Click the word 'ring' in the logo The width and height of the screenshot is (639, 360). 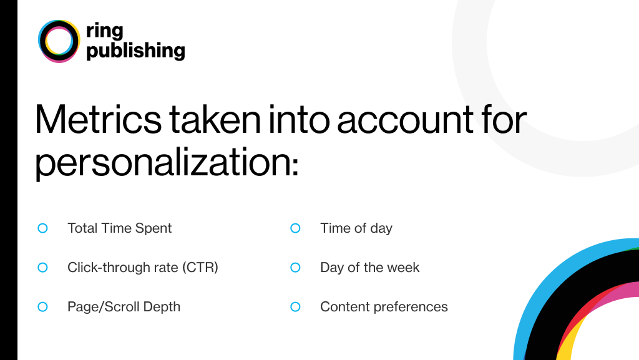coord(104,31)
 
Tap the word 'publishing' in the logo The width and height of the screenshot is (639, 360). coord(135,51)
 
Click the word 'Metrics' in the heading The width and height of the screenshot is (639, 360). coord(98,119)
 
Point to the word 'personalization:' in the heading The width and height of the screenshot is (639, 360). coord(167,162)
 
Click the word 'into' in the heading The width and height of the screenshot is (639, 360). coord(299,119)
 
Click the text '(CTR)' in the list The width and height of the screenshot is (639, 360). coord(200,268)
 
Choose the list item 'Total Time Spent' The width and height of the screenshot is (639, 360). coord(119,228)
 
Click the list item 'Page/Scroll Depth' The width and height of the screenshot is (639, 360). coord(124,307)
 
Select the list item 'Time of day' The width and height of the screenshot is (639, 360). coord(356,228)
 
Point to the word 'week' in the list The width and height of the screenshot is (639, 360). coord(403,268)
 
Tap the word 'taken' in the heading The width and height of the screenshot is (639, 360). coord(215,119)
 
